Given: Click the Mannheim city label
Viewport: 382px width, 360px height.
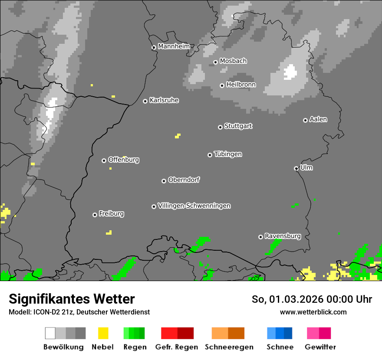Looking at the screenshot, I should click(174, 46).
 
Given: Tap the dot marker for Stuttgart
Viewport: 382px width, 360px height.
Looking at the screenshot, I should click(220, 127).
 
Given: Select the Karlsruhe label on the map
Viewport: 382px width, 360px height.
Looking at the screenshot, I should click(164, 101).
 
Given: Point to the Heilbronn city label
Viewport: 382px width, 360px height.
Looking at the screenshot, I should click(241, 85).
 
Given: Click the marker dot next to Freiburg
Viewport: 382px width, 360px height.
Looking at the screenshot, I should click(95, 215).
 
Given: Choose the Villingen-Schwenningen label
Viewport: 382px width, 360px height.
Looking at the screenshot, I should click(194, 206).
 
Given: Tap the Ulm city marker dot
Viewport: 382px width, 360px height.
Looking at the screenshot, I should click(296, 168).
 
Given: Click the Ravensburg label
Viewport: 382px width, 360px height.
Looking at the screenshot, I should click(283, 236).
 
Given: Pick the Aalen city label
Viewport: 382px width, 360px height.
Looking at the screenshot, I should click(318, 119).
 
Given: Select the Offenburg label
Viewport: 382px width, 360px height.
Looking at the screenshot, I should click(123, 160).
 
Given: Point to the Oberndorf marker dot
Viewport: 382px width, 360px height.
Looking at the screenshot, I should click(164, 181).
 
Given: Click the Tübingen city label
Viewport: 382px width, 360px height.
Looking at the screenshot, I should click(228, 154).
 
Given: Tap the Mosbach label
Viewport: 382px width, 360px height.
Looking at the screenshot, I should click(233, 61).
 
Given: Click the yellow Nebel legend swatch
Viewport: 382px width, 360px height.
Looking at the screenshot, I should click(103, 333).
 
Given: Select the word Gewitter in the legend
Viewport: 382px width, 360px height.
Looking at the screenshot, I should click(320, 347).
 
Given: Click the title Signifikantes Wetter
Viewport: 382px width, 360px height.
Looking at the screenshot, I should click(72, 299).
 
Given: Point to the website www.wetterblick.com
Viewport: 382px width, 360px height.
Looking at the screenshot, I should click(313, 312).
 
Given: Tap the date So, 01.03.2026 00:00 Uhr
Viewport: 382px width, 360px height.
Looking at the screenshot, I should click(312, 299).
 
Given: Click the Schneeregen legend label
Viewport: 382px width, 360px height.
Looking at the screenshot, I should click(229, 347).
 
